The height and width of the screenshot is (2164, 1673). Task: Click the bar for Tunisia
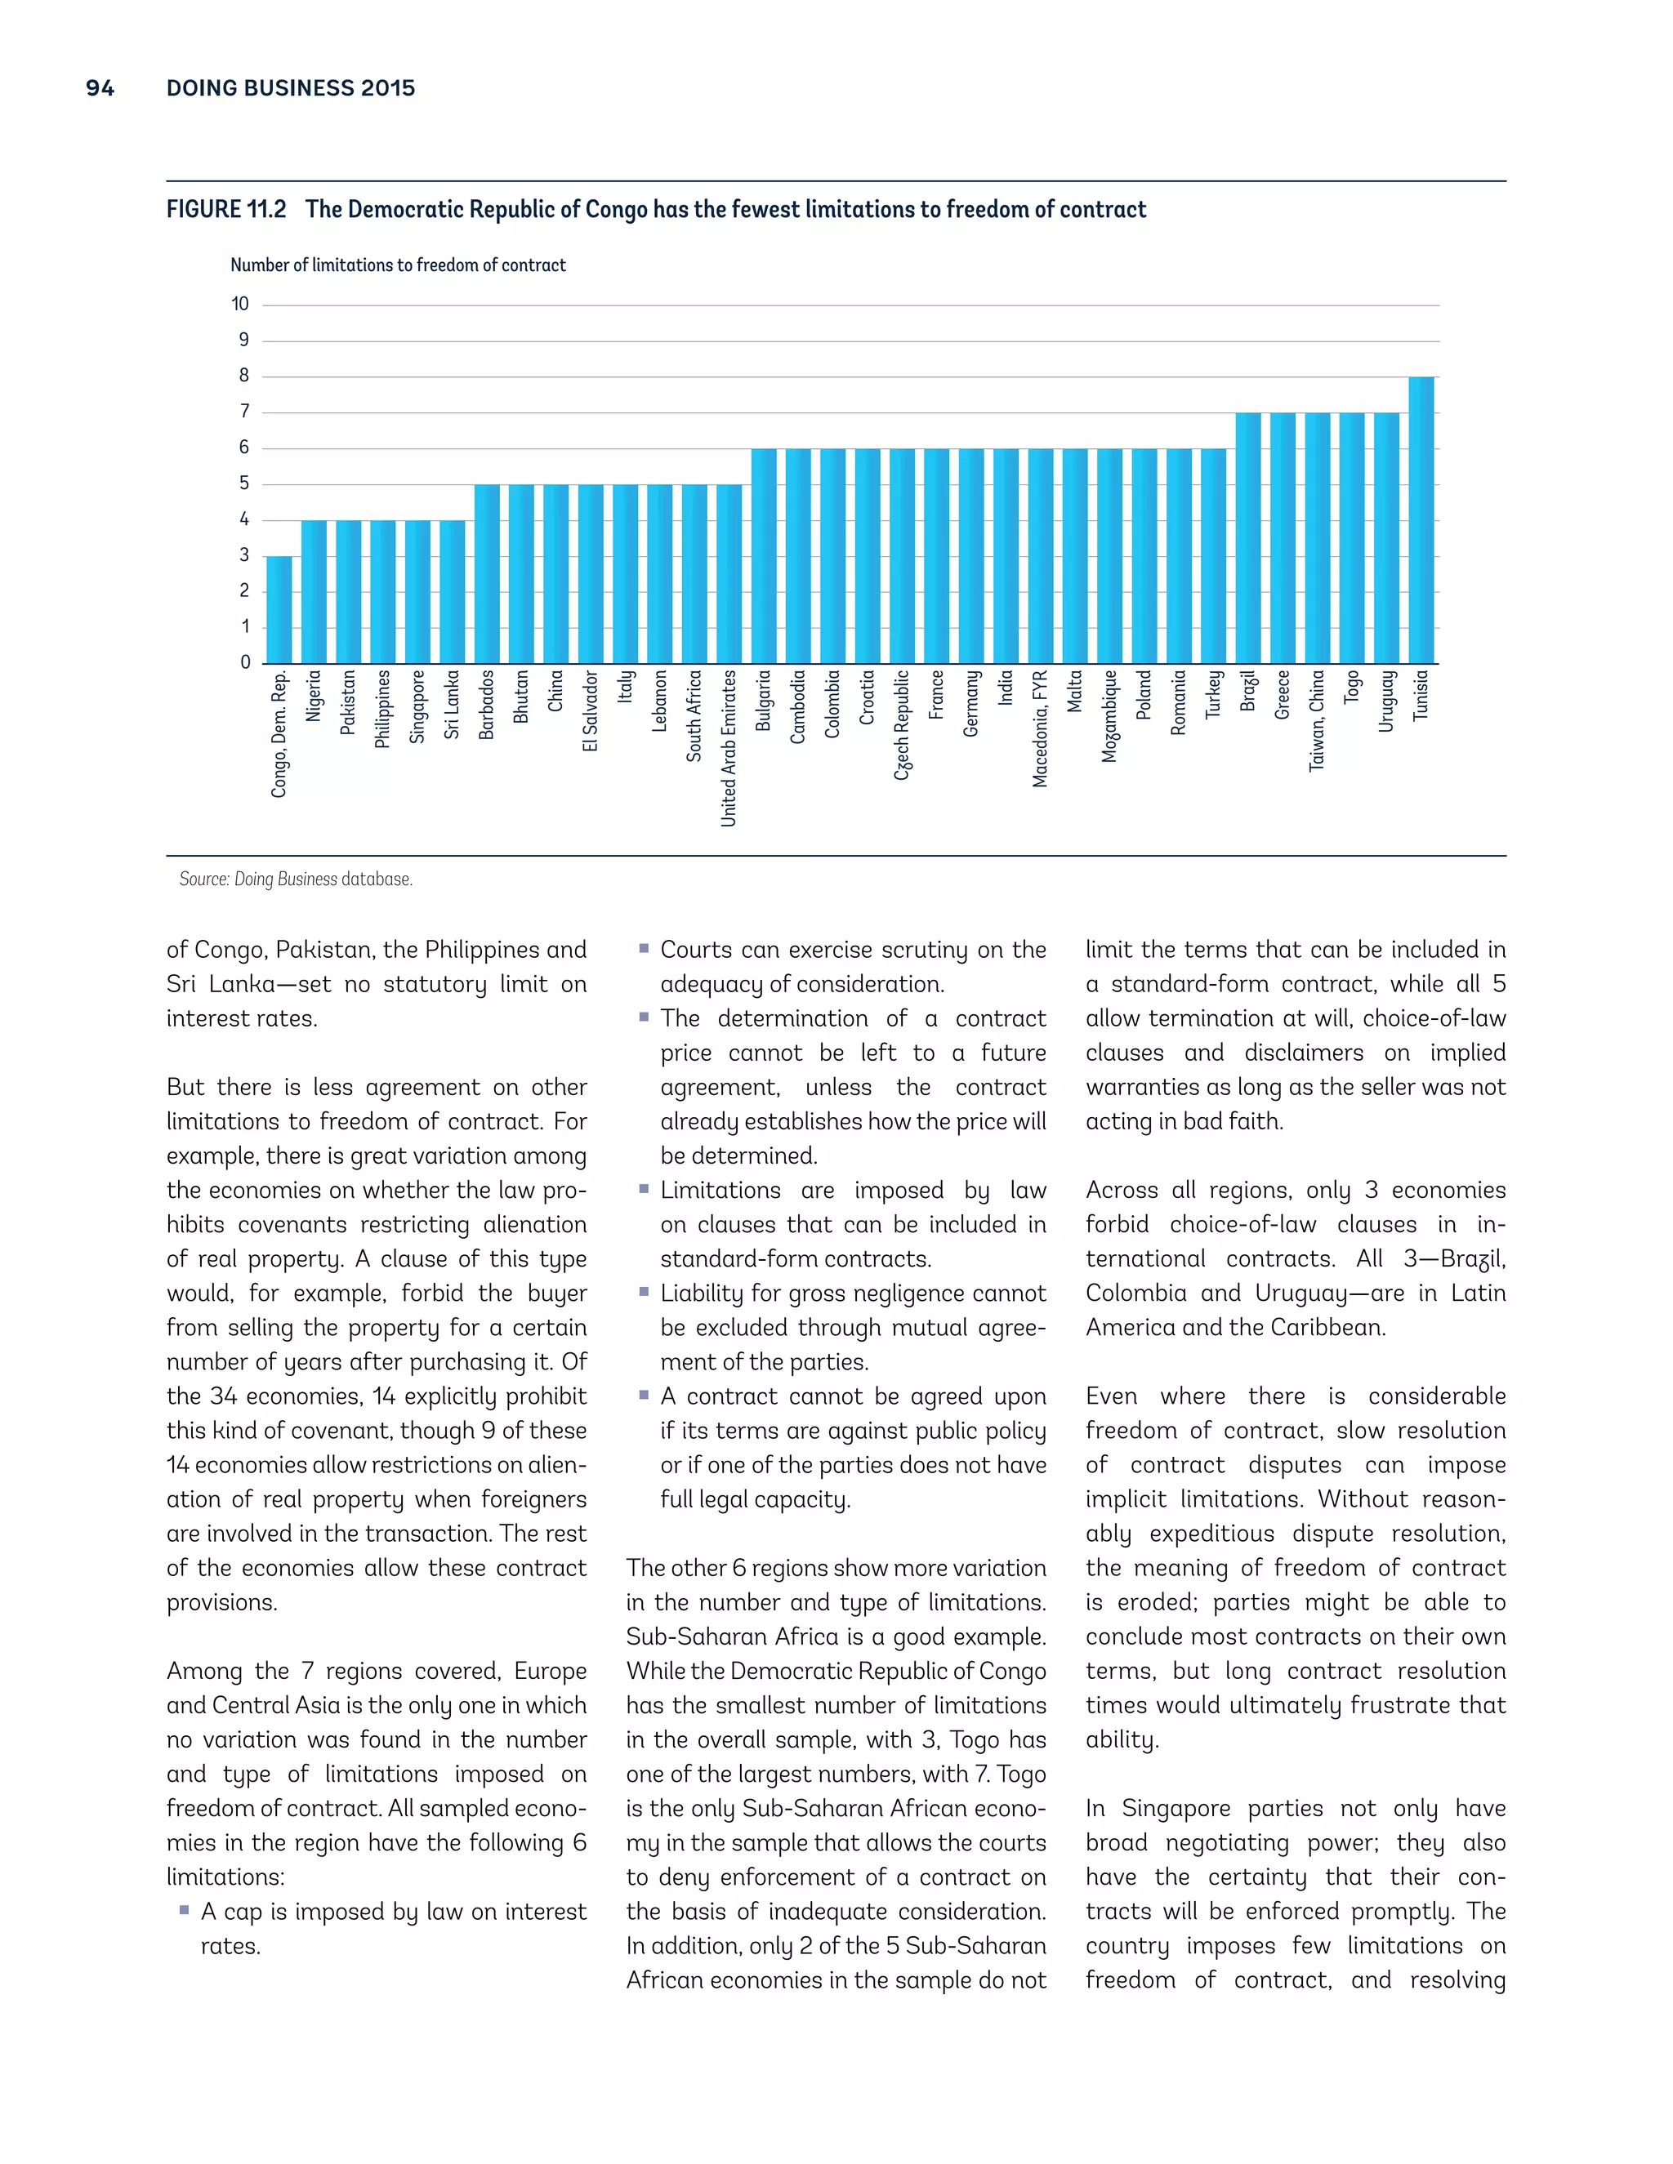pos(1421,520)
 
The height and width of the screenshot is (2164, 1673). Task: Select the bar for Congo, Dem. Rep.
pos(279,609)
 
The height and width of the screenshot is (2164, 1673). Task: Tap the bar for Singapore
pos(417,591)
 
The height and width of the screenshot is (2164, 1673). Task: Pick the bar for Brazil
pos(1248,538)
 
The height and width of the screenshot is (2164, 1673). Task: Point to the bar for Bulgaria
pos(763,556)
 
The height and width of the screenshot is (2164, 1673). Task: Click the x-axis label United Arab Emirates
pos(729,748)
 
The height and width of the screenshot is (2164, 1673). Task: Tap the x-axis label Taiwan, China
pos(1316,720)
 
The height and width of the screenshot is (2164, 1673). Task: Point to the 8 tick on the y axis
pos(243,376)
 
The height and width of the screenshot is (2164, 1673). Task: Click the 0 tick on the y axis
pos(245,662)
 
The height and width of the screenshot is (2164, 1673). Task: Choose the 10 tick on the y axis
pos(240,305)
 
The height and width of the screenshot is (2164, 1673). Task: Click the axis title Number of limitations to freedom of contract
pos(398,265)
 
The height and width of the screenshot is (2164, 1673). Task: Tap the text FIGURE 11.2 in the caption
pos(226,210)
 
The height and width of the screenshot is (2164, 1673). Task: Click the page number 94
pos(100,88)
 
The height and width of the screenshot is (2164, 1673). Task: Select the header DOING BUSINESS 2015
pos(290,88)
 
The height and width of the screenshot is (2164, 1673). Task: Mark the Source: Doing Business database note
pos(296,879)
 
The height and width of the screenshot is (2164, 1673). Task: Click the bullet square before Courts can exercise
pos(643,948)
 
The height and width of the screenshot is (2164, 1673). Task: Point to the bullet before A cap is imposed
pos(183,1909)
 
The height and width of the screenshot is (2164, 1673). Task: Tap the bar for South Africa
pos(694,574)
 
